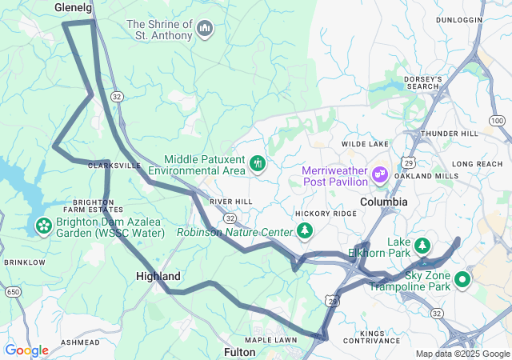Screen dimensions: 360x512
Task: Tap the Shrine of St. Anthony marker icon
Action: point(206,30)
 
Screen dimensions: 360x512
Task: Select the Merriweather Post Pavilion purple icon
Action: point(379,172)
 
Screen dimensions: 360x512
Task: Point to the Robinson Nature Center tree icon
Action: point(305,232)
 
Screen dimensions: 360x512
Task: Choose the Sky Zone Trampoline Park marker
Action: point(462,280)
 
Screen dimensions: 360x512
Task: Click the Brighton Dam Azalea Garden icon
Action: point(42,226)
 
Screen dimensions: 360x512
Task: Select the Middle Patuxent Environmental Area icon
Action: point(257,164)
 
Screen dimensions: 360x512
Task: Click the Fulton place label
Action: point(240,351)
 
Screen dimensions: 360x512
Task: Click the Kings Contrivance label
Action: point(383,337)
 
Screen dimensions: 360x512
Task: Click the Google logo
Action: point(26,350)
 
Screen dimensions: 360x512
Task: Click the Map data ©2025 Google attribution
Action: point(462,354)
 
